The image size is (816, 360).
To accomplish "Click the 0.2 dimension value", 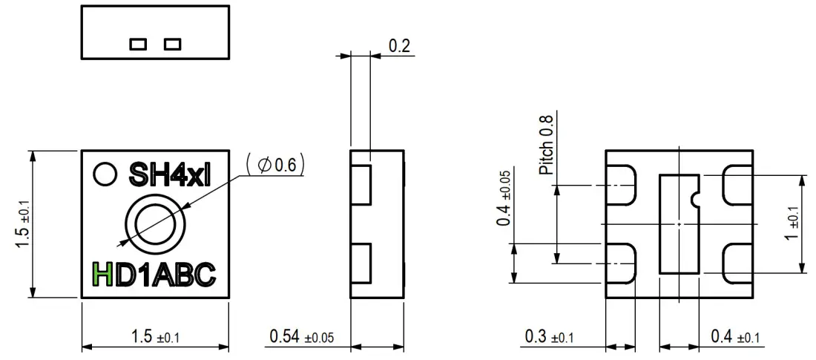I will tap(400, 45).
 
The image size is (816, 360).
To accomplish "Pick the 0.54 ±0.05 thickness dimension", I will tap(301, 337).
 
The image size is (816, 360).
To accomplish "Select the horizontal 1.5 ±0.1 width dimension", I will tap(155, 337).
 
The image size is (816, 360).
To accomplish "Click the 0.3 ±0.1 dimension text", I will tap(549, 337).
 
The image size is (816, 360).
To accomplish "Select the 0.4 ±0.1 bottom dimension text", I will tap(735, 337).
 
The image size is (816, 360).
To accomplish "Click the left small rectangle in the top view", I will tap(138, 44).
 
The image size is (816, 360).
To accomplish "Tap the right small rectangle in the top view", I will tap(172, 44).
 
